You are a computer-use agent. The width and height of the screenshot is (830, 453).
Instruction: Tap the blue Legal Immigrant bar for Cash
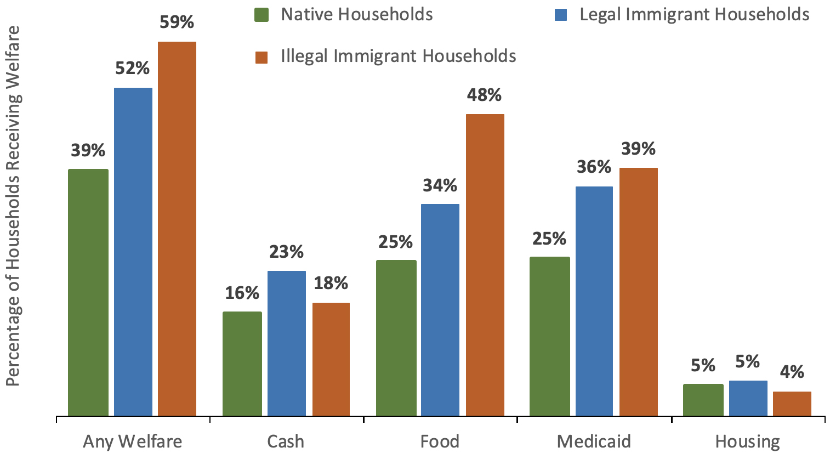click(287, 343)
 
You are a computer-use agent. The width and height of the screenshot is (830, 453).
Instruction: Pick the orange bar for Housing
click(792, 404)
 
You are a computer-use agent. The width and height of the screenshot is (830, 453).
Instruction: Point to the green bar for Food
click(396, 338)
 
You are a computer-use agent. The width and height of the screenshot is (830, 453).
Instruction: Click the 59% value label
click(177, 22)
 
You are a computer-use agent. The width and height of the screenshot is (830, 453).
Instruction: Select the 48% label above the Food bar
click(484, 95)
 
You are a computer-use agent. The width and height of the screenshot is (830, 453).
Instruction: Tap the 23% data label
click(286, 252)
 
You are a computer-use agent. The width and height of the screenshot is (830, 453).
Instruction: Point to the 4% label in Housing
click(792, 372)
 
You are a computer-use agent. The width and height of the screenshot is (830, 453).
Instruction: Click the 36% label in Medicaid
click(594, 167)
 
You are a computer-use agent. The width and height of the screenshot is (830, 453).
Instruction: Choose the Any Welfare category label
click(132, 441)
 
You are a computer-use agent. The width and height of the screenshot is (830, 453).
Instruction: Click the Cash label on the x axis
click(286, 441)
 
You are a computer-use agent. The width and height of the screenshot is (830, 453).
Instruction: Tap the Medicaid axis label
click(594, 441)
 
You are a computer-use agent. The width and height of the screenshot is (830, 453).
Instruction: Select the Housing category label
click(747, 441)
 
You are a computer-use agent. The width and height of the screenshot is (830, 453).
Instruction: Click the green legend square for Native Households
click(262, 15)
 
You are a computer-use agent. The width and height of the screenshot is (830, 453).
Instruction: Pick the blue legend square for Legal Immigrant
click(560, 15)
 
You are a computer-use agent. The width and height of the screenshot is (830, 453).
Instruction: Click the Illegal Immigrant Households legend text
click(399, 56)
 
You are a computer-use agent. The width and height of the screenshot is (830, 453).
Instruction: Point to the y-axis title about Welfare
click(13, 206)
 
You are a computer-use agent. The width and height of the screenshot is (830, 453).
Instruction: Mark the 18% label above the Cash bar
click(331, 283)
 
